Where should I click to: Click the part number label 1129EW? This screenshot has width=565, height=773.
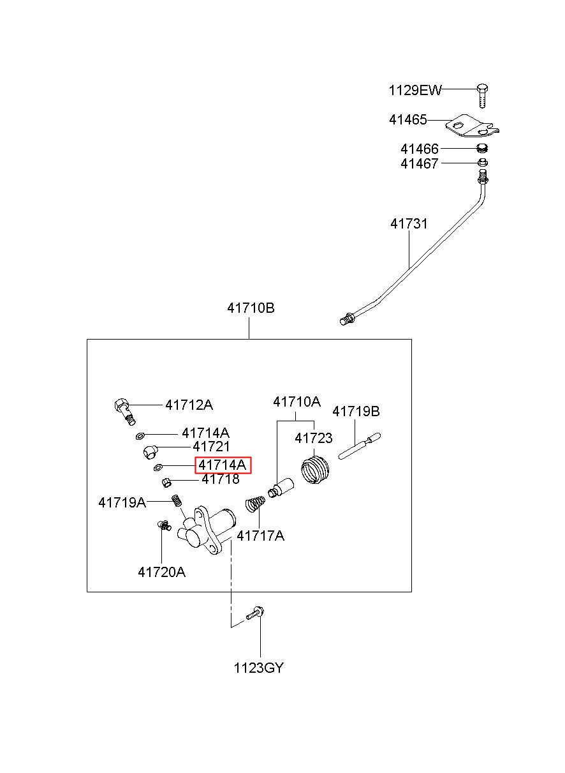(415, 91)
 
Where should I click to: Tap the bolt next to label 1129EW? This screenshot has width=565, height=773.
(482, 96)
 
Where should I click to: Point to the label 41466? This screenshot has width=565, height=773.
(419, 149)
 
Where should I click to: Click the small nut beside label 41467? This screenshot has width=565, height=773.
(482, 162)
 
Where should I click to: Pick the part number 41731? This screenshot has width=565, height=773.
(409, 224)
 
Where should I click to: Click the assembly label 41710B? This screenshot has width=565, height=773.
(251, 308)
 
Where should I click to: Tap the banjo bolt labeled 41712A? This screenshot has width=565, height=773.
(124, 410)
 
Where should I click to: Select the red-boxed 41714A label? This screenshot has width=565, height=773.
(223, 465)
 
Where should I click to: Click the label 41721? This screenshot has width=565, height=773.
(211, 447)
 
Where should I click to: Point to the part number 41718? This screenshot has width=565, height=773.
(220, 479)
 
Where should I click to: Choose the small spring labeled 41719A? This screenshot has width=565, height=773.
(177, 500)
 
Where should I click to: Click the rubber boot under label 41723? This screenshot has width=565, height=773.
(315, 470)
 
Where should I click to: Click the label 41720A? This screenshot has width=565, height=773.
(162, 573)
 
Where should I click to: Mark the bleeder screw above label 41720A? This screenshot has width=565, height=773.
(163, 525)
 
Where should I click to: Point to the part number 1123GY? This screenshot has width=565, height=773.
(258, 668)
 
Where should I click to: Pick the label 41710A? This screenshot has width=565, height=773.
(297, 402)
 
